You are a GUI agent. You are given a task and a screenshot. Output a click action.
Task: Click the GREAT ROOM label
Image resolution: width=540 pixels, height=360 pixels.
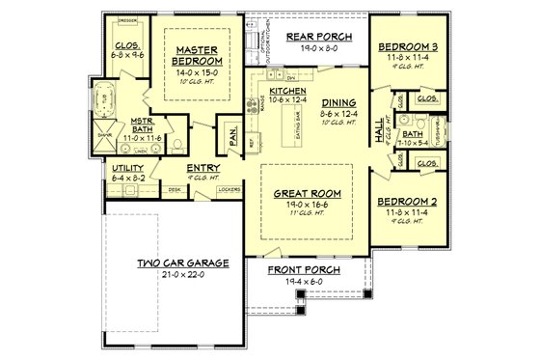(x=308, y=192)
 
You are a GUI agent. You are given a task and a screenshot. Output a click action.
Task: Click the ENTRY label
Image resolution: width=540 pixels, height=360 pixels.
(x=202, y=168)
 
